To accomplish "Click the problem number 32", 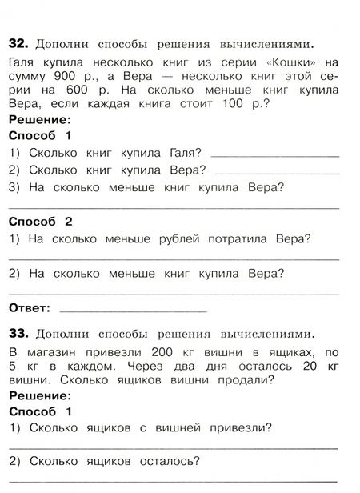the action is (x=17, y=42).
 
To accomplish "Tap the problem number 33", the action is (x=17, y=331).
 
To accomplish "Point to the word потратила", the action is (x=245, y=238).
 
